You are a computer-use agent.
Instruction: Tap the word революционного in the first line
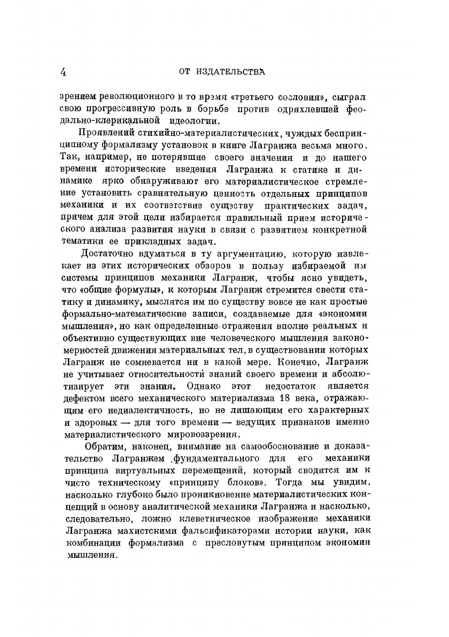(131, 98)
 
